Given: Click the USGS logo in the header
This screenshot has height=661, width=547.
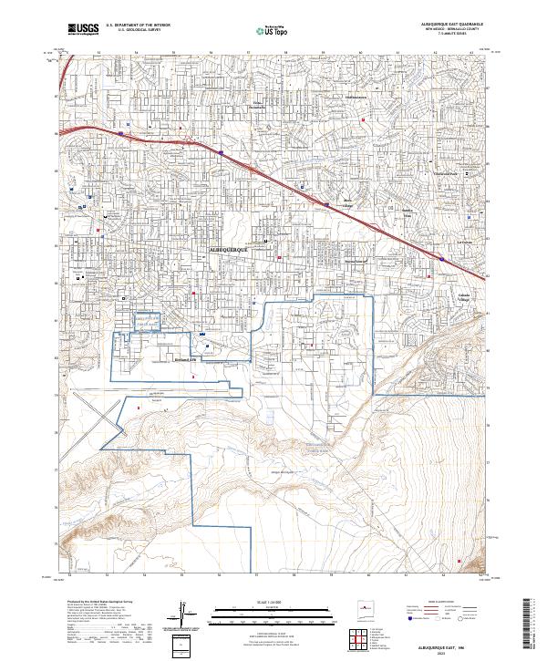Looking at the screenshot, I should point(84,30).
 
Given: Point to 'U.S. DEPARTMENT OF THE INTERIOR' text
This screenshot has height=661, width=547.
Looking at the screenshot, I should point(144,26).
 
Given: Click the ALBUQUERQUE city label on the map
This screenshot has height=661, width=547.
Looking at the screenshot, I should point(234,247).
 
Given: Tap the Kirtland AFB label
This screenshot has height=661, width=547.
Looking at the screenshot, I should point(186,359).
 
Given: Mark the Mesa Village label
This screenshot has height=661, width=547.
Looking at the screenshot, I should point(347,201).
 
